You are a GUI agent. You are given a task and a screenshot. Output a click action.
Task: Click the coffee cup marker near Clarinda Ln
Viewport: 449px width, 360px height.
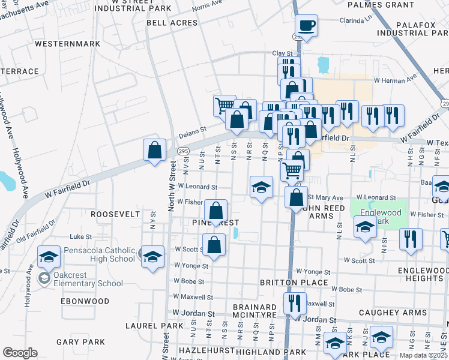306,26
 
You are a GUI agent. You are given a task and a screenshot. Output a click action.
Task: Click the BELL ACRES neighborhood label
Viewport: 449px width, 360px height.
172,23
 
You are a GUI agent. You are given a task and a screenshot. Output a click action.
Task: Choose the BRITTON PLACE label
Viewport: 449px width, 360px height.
294,283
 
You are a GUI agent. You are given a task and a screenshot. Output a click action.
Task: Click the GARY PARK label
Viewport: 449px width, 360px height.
80,342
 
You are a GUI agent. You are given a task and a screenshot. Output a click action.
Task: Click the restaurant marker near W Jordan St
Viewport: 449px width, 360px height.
295,304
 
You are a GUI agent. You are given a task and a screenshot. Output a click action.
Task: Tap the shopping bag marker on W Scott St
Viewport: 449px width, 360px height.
214,245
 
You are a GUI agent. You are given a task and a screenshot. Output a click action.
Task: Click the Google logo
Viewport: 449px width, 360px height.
20,353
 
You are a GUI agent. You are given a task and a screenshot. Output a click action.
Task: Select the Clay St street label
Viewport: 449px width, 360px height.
282,53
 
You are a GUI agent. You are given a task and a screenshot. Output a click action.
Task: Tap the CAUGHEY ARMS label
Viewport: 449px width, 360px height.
384,313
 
